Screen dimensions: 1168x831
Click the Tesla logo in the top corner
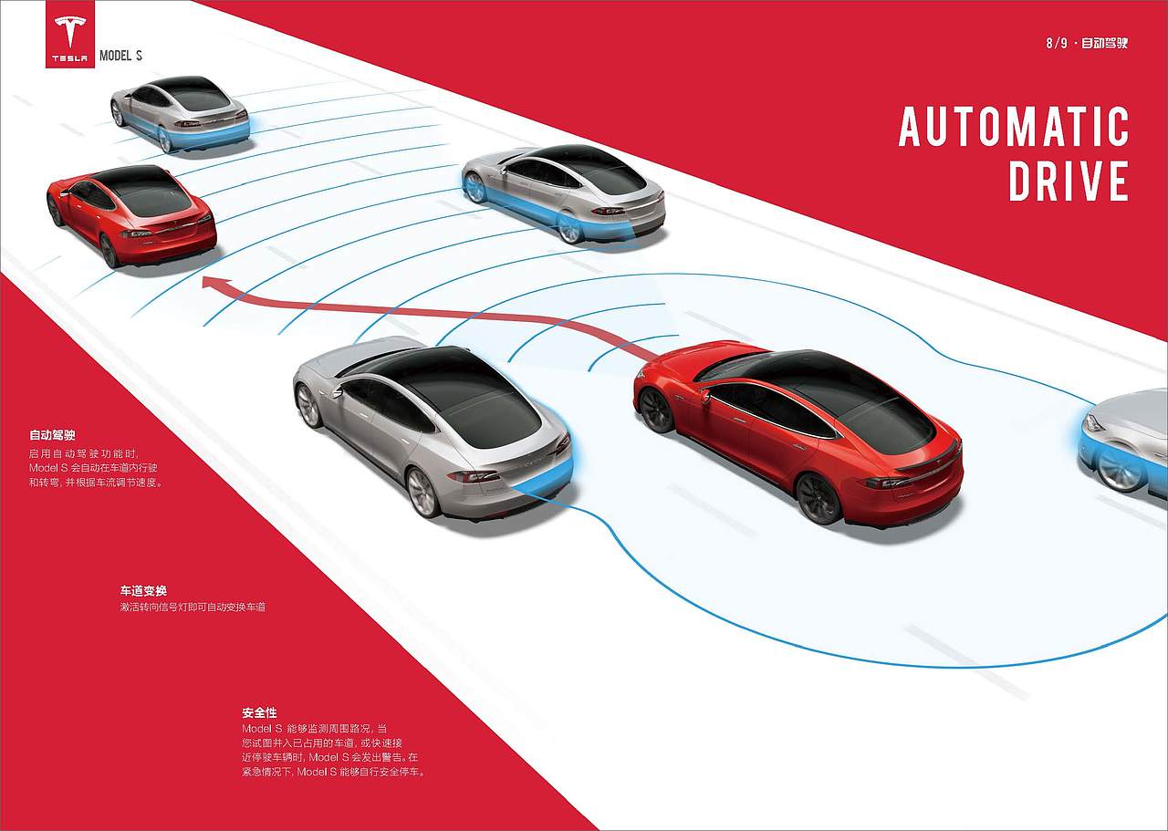coord(70,34)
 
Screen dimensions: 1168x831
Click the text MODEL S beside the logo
coord(120,56)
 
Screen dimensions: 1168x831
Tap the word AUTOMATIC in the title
coord(1014,126)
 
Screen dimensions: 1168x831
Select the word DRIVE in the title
coord(1069,181)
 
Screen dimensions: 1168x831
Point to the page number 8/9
coord(1057,43)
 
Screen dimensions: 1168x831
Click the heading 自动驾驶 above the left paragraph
coord(52,435)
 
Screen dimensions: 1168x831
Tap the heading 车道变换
coord(143,591)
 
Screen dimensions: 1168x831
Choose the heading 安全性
coord(259,712)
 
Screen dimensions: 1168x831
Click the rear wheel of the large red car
coord(819,498)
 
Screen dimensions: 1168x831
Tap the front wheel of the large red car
coord(656,410)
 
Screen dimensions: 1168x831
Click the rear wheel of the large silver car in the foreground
coord(423,493)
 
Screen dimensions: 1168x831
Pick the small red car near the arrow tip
coord(131,215)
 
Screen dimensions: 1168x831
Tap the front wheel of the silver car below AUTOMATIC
coord(474,187)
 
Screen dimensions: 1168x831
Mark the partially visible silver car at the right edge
coord(1123,443)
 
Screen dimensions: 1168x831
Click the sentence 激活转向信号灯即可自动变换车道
coord(193,607)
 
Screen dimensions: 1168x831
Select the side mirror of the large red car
coord(705,396)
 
